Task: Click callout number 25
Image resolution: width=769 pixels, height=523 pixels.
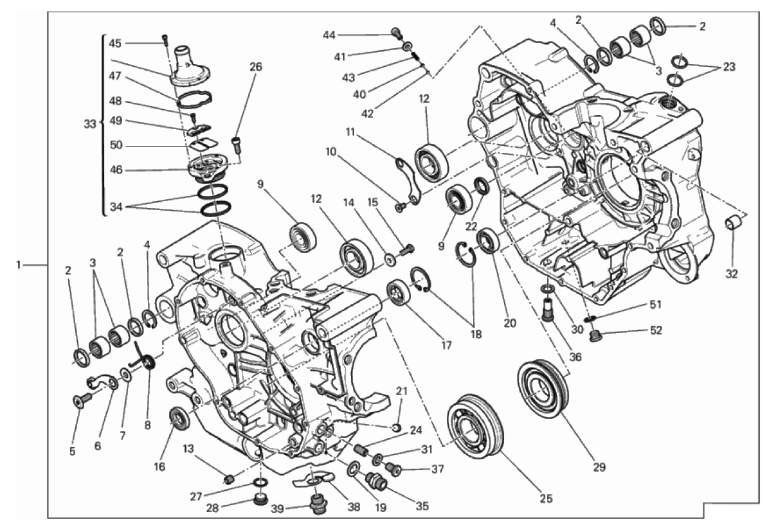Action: [546, 499]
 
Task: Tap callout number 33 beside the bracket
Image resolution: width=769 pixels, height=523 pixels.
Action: [90, 124]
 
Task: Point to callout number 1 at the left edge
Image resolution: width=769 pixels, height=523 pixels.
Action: [18, 265]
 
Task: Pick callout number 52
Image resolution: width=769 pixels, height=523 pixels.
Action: [656, 330]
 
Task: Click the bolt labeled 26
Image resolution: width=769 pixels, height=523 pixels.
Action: [237, 145]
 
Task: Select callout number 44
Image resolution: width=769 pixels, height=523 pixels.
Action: [329, 35]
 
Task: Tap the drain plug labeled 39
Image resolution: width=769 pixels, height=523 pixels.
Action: [318, 504]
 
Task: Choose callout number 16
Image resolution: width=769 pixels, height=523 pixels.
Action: [159, 466]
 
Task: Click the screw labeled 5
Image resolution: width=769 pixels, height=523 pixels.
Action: [80, 400]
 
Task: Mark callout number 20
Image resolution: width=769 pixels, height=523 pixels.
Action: [510, 323]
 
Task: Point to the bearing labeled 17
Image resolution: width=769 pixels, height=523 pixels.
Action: [399, 292]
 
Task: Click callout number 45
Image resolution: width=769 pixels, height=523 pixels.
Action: [114, 43]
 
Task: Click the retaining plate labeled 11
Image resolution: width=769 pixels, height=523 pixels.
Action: [408, 181]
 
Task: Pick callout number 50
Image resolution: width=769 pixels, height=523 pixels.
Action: [116, 145]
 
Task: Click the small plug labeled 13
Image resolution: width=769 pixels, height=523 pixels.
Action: [228, 479]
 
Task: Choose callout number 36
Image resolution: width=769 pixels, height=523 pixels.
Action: [575, 357]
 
